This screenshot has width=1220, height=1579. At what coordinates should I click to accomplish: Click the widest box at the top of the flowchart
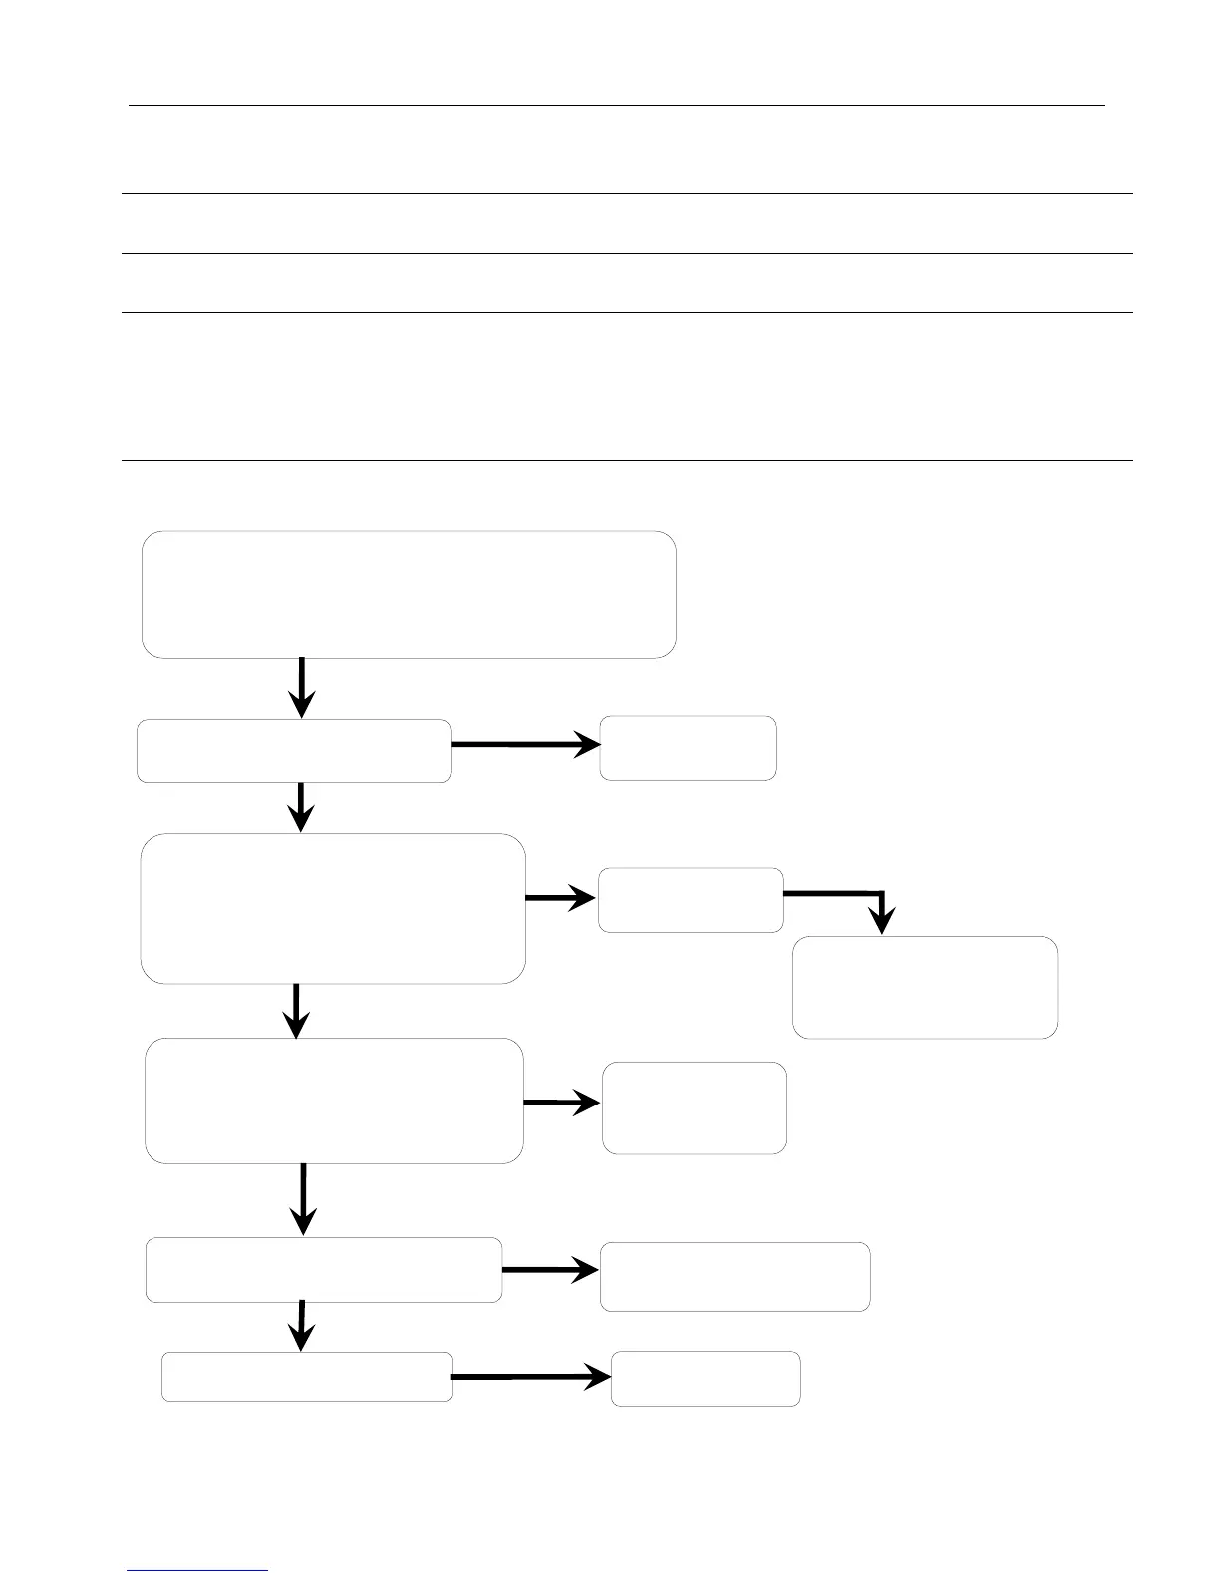409,595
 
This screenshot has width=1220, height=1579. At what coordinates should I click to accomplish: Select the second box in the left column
293,750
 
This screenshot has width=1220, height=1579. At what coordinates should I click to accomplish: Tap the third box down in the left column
333,909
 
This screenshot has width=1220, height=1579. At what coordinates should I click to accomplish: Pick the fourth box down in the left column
334,1101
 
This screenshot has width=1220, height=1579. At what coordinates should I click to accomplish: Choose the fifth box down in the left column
324,1269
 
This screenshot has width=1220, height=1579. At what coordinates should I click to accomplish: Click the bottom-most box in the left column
307,1377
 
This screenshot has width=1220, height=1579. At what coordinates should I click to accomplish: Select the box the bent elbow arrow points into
925,987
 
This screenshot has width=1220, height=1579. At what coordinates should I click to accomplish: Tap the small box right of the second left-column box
688,748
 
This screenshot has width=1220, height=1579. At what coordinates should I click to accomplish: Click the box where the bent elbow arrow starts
691,900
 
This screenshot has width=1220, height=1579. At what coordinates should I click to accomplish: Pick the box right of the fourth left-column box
695,1107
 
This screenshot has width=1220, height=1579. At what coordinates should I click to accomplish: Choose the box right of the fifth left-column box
735,1276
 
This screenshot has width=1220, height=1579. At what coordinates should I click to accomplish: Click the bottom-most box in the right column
706,1379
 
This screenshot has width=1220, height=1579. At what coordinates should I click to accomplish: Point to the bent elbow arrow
857,894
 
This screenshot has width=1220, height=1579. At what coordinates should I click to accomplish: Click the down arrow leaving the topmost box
301,687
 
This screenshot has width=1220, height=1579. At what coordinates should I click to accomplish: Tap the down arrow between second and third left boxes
300,806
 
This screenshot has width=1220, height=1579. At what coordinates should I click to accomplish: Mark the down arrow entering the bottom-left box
302,1326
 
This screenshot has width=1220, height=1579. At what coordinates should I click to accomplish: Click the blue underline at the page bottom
197,1570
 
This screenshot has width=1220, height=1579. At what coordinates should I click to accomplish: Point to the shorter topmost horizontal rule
617,104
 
